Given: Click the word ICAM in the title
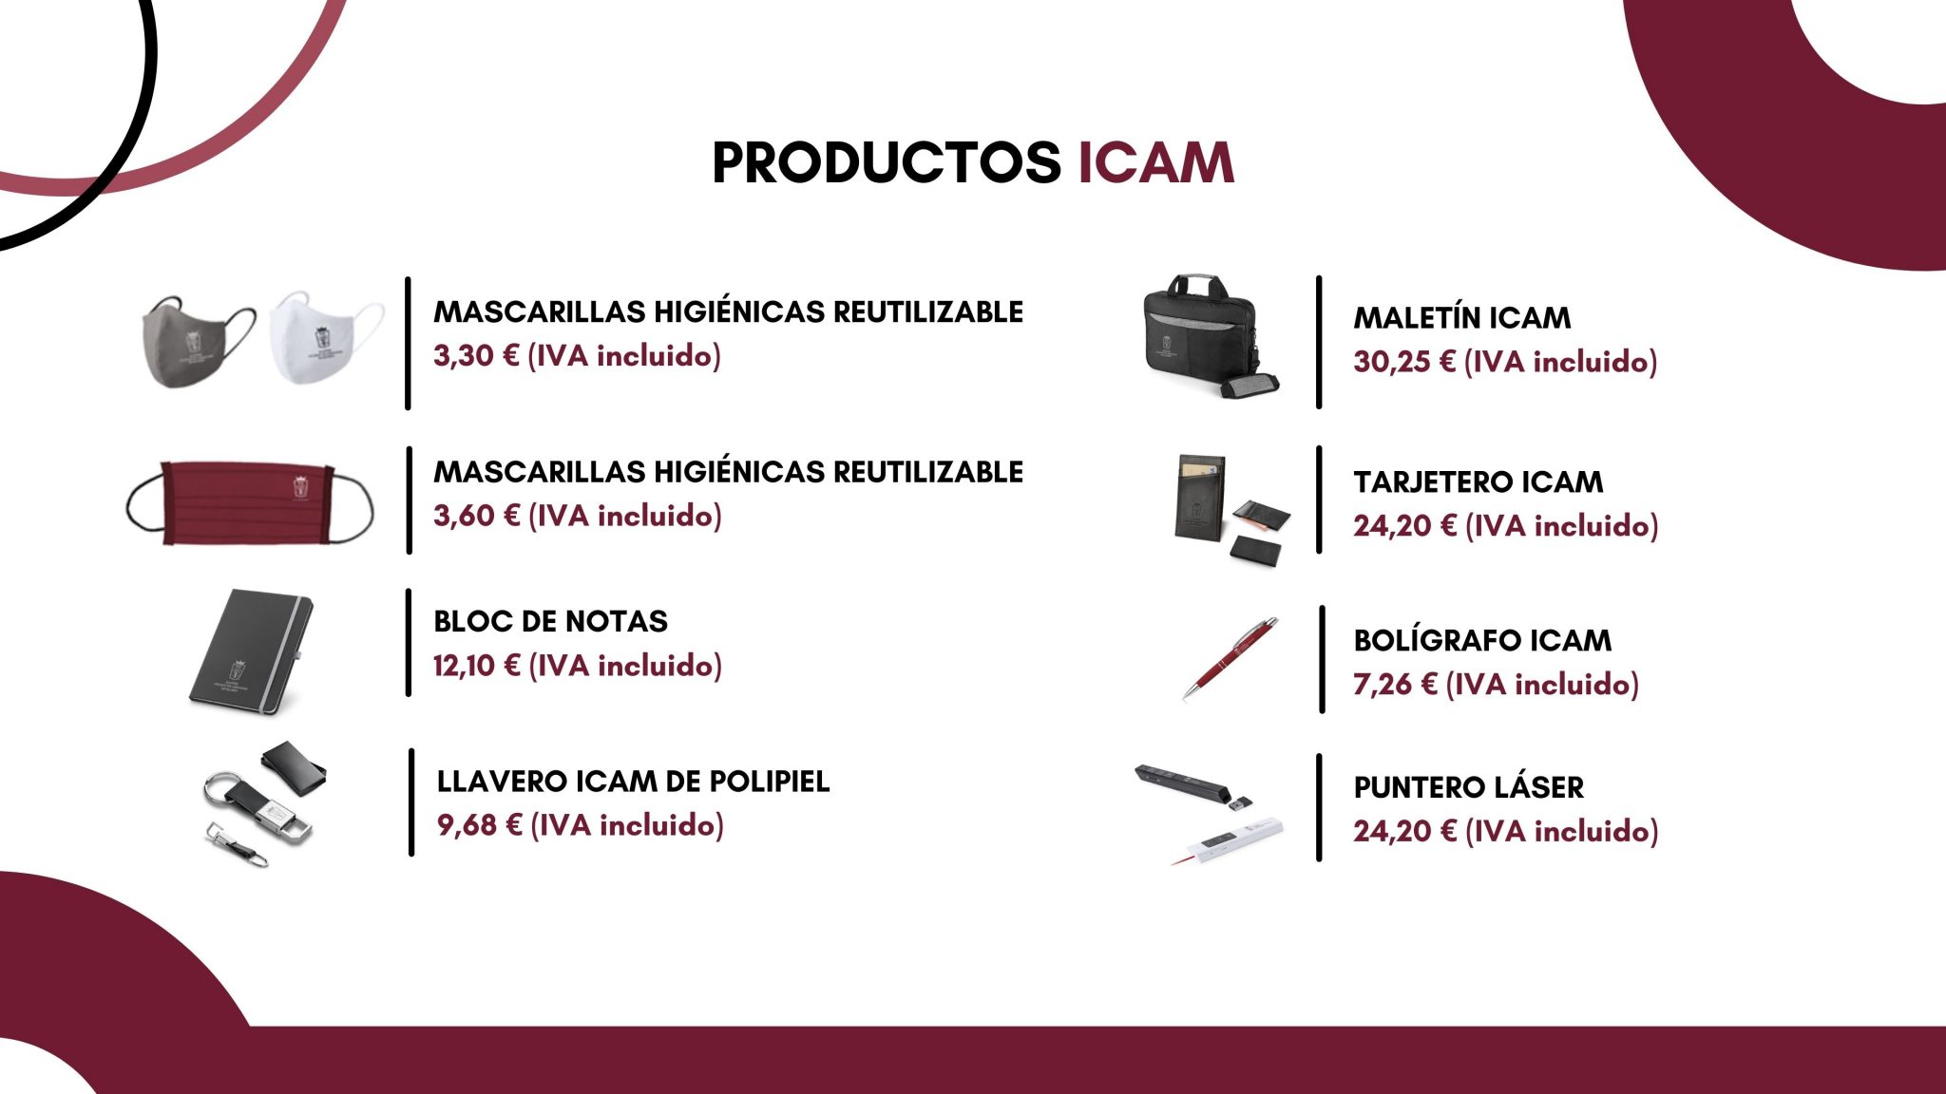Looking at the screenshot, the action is (1155, 162).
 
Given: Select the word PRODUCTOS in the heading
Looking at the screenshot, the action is (887, 162).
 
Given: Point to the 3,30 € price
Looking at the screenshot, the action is (476, 356).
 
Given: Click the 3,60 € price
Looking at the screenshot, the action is (476, 517).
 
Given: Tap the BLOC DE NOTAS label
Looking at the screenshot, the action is (550, 621).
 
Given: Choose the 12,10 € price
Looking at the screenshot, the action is (476, 666).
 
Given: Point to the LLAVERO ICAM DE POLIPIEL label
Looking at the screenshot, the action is (633, 782).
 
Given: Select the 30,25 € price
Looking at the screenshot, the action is (1404, 362).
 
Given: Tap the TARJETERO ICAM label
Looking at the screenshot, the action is (1478, 482).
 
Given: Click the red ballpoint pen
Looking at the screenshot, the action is (1231, 658).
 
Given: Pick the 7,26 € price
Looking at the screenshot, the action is (1395, 685).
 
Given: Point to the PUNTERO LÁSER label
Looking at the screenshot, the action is (1468, 787).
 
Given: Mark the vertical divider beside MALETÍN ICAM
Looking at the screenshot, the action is (1319, 343).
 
